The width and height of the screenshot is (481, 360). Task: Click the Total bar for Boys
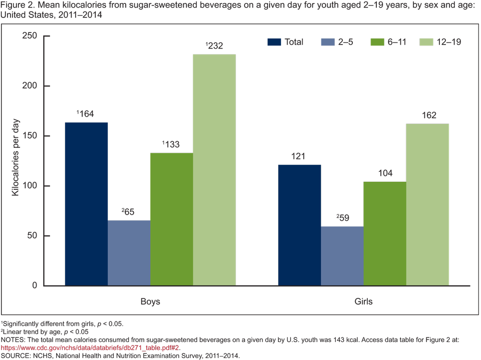pos(86,204)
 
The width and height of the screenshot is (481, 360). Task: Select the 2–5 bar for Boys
pos(129,253)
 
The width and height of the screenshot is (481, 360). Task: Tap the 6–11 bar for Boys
pos(171,219)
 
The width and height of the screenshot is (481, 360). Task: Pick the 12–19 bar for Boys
pos(214,170)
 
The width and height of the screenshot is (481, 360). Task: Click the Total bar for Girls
pos(300,225)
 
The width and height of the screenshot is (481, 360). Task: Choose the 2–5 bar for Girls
pos(342,256)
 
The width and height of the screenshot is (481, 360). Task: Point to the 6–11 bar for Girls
pos(385,234)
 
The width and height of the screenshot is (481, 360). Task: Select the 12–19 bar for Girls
pos(427,205)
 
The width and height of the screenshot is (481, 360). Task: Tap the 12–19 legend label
pos(448,42)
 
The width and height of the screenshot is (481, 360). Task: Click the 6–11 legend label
pos(397,42)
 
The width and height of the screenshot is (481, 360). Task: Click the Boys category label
pos(150,302)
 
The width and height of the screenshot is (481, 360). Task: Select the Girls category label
pos(363,302)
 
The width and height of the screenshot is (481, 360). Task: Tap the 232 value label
pos(214,46)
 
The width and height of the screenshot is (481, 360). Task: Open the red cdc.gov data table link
pos(90,347)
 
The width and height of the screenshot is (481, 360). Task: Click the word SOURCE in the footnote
pos(16,356)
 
